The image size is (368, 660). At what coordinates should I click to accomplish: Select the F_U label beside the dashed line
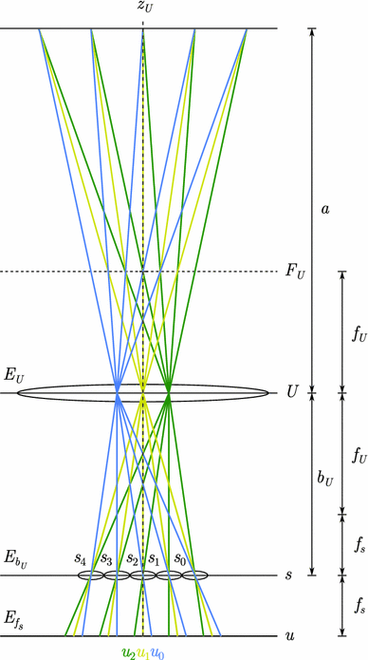294,273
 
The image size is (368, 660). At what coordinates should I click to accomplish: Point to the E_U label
14,377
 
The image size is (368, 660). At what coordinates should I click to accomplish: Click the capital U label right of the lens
291,390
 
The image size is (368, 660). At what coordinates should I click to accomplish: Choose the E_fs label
14,619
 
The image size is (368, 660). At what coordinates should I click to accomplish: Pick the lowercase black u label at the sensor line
289,635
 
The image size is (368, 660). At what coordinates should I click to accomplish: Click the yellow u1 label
143,652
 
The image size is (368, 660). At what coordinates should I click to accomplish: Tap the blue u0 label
157,652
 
